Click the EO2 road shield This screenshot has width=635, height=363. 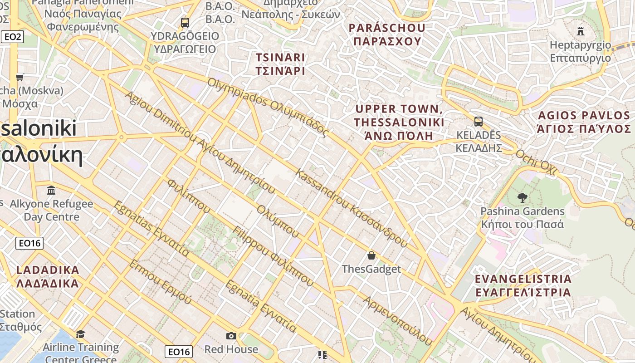click(x=12, y=37)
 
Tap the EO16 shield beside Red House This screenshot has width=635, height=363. click(x=178, y=351)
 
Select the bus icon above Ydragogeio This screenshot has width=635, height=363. click(x=185, y=22)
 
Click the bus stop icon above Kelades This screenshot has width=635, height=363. click(x=478, y=122)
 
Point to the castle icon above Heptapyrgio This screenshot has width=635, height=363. click(x=580, y=31)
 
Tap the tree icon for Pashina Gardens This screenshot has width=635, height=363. click(x=522, y=197)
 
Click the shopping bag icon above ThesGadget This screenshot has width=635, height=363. click(x=371, y=255)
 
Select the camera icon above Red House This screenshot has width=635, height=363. click(x=231, y=336)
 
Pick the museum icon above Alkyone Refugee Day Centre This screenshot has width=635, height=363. click(x=51, y=190)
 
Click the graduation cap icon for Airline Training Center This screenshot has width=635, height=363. click(x=80, y=334)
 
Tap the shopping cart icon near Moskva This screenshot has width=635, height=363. click(x=20, y=77)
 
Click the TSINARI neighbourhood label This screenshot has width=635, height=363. click(x=280, y=64)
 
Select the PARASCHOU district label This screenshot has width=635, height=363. click(x=387, y=34)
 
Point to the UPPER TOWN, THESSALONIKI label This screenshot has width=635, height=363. click(x=399, y=122)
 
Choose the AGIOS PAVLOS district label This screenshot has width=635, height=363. click(x=583, y=122)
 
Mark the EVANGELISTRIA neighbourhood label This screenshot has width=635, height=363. click(x=523, y=285)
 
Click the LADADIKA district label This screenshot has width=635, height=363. click(x=48, y=276)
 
